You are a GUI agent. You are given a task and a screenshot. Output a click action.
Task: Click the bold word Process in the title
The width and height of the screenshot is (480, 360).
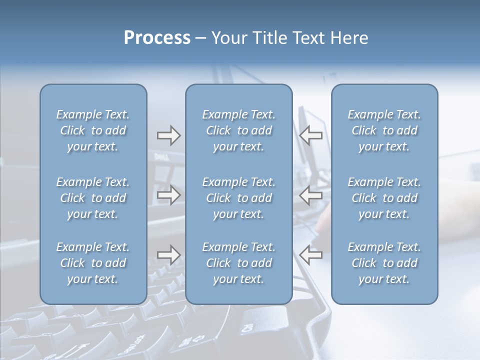click(x=157, y=38)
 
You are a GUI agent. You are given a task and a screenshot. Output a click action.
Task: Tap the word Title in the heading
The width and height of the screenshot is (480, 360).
click(x=266, y=38)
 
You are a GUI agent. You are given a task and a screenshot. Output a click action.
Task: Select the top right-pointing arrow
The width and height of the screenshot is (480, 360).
click(x=168, y=134)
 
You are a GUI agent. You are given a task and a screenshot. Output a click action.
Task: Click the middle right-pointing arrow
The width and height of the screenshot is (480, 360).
click(x=168, y=195)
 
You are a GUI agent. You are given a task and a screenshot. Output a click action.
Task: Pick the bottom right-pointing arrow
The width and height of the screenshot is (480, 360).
click(x=168, y=255)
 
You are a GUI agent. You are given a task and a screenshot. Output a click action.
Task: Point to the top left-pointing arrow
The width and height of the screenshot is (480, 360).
click(x=310, y=134)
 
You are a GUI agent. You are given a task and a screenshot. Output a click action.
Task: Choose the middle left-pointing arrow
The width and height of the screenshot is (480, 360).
click(x=310, y=195)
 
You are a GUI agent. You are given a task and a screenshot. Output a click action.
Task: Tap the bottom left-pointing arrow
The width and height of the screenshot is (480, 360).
click(x=310, y=255)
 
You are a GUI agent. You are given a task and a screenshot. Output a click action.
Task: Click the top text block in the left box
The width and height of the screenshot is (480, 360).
click(x=93, y=130)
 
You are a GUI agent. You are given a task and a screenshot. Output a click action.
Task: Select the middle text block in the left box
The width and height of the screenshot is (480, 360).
click(x=93, y=198)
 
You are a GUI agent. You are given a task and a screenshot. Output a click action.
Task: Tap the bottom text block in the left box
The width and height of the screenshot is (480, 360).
click(x=93, y=263)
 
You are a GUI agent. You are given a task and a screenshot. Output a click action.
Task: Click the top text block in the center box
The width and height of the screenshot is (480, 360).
click(x=238, y=130)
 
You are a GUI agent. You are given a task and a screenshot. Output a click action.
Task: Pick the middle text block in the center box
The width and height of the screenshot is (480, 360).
click(x=238, y=198)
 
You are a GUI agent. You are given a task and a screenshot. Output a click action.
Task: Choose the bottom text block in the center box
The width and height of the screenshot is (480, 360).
click(x=238, y=263)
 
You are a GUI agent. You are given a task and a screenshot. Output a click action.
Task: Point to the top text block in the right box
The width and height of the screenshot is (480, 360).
click(x=384, y=130)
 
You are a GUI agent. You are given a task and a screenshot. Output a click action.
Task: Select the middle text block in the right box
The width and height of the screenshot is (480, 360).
click(x=384, y=198)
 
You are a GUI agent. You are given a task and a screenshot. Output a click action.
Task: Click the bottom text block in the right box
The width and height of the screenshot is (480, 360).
click(x=384, y=263)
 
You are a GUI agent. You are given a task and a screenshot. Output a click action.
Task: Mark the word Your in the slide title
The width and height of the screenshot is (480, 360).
click(x=229, y=38)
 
